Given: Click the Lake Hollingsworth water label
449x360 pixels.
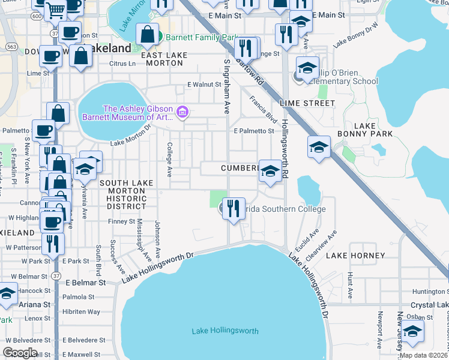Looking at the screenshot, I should coord(225,331).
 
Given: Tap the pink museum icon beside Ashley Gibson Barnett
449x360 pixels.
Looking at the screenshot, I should coord(183,112).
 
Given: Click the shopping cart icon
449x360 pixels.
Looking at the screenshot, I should coord(55,8).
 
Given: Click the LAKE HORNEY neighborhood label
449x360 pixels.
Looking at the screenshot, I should coord(355,256).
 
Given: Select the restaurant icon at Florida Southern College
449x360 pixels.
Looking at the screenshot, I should coord(234,209).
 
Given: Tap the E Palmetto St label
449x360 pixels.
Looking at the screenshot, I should coord(254,131).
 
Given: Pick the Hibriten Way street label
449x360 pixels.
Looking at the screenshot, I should coord(82,312).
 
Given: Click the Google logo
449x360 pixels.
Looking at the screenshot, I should coord(20,353).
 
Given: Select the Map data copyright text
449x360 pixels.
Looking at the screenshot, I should coord(423,355).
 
